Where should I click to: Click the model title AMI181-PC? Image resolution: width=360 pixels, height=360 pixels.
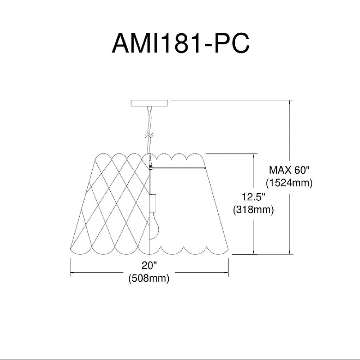click(180, 44)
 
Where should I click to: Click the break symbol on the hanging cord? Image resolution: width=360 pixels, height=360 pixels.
click(149, 134)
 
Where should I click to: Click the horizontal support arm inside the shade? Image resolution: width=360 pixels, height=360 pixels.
click(180, 169)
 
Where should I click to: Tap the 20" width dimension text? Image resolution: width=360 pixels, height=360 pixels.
click(148, 267)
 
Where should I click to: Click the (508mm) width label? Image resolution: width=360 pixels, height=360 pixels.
click(148, 279)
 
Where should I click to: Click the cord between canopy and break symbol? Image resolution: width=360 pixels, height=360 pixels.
click(149, 119)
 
